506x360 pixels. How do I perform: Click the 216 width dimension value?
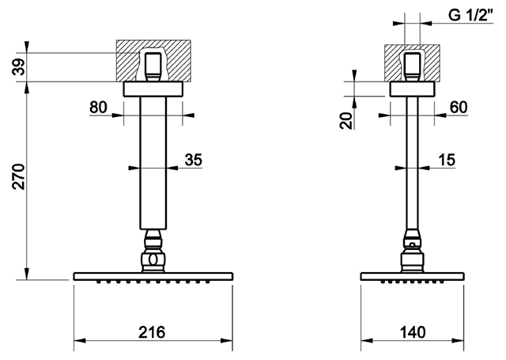[152, 332]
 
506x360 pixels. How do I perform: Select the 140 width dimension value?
[413, 332]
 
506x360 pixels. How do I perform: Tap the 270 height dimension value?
[19, 176]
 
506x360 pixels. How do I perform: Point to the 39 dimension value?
[19, 66]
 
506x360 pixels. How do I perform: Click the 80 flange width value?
[98, 107]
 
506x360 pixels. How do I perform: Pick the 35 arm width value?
[193, 160]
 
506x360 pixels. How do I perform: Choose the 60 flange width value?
[459, 107]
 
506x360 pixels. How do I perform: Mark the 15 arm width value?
[447, 160]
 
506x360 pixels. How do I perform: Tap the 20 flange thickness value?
[346, 120]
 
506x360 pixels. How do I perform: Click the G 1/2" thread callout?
[471, 15]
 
